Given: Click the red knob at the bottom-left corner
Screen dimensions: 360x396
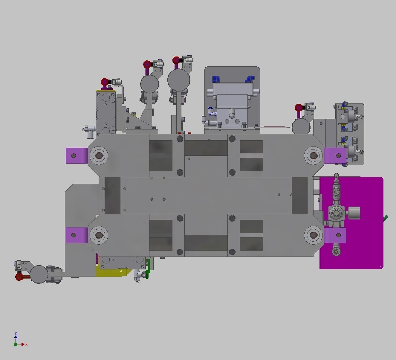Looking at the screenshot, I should (x=19, y=277).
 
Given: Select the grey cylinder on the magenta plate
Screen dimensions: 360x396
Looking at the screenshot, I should (x=354, y=213).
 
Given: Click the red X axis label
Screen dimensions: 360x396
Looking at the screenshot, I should (x=26, y=344).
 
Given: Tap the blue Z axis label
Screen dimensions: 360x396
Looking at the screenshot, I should (x=16, y=333).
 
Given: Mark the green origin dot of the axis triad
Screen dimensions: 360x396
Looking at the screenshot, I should (x=16, y=344).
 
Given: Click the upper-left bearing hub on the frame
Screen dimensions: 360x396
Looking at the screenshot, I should (x=99, y=155).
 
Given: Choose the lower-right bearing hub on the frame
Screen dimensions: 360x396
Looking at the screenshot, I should (x=313, y=235).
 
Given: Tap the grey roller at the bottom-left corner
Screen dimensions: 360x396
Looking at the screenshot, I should (x=39, y=274).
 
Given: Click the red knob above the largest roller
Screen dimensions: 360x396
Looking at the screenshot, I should (x=176, y=60).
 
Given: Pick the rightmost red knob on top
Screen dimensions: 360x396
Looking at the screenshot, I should (x=299, y=108).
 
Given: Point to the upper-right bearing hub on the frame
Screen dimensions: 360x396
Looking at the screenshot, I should (x=313, y=155).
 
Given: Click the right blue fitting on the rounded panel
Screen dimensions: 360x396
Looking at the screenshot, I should (x=249, y=79).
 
